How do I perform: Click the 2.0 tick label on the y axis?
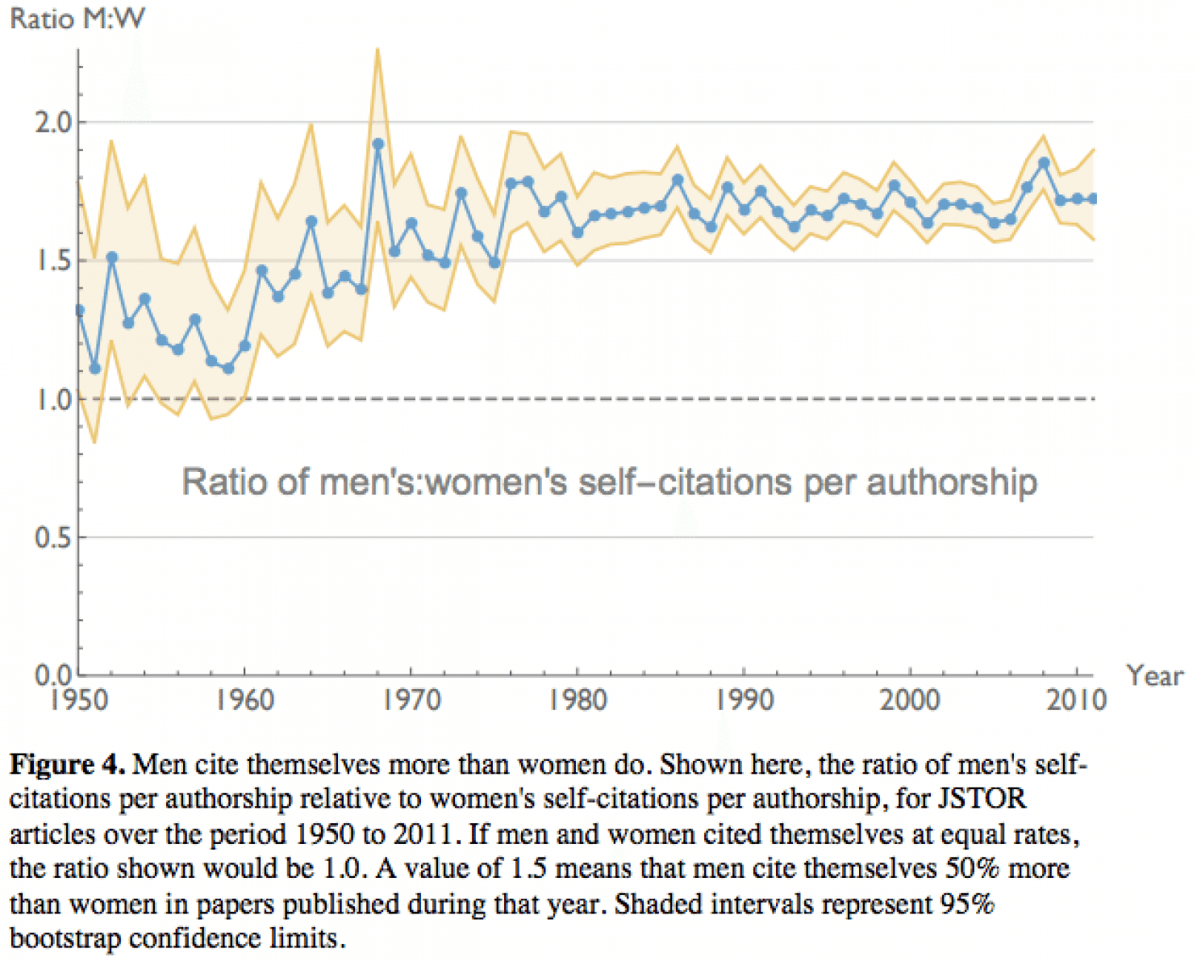click(x=53, y=123)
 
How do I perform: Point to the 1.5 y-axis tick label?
click(x=53, y=261)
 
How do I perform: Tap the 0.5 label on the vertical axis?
click(x=53, y=538)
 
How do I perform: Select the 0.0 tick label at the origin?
click(x=53, y=675)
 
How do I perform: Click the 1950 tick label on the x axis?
click(x=79, y=700)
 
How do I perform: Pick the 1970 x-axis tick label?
click(x=411, y=700)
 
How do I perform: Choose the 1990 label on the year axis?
click(x=744, y=700)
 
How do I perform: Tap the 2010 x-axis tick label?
click(x=1077, y=700)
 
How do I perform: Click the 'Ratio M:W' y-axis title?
click(x=77, y=19)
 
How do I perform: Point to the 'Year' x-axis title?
click(x=1155, y=675)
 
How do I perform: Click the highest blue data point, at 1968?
click(x=378, y=144)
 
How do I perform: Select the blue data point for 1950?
click(x=79, y=311)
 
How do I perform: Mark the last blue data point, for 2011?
click(x=1093, y=198)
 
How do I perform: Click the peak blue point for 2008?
click(x=1044, y=163)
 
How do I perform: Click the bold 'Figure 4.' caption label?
click(x=67, y=764)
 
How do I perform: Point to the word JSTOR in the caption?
click(x=981, y=799)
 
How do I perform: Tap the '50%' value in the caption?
click(x=973, y=869)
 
